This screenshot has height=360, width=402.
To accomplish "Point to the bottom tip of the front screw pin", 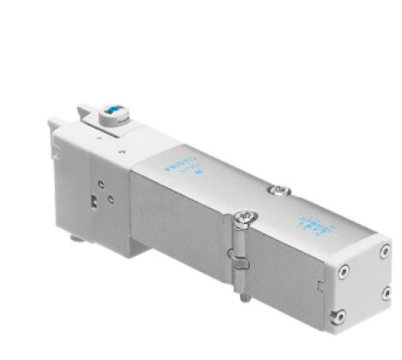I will point(245,298).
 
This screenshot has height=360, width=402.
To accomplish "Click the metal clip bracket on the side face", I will point(237,257).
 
